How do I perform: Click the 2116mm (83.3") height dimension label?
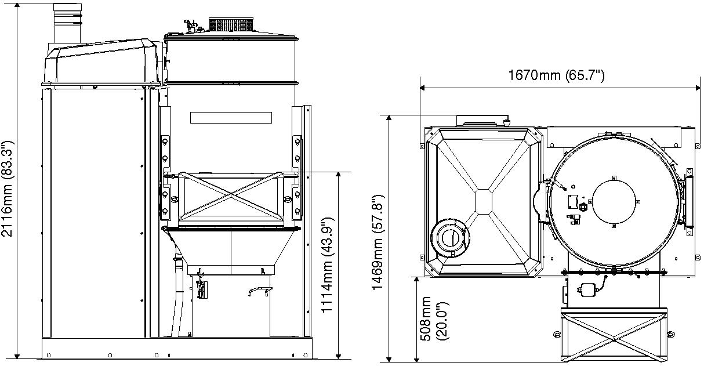(x=7, y=189)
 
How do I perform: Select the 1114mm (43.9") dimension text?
(x=327, y=264)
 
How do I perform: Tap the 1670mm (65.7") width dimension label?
(x=556, y=75)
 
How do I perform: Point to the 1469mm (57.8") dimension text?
(x=378, y=242)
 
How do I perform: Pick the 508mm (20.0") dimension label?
(x=435, y=318)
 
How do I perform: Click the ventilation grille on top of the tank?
(x=231, y=24)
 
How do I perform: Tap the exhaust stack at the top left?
(x=68, y=24)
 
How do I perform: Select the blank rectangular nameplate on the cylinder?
(x=231, y=118)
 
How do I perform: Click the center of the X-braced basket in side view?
(x=231, y=195)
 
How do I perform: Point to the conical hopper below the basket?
(x=231, y=248)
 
